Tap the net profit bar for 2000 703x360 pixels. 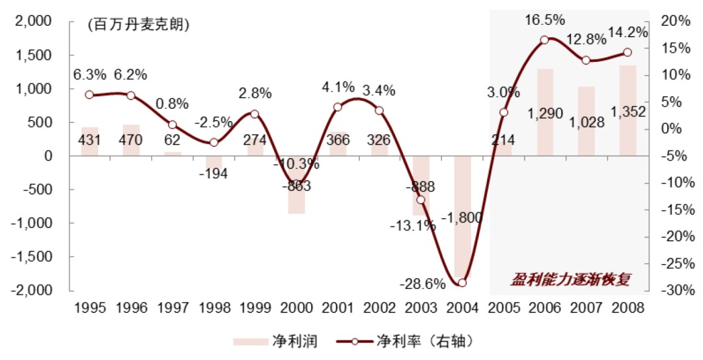click(297, 185)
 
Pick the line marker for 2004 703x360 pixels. click(462, 283)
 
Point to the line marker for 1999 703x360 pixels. click(255, 114)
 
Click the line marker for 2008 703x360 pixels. click(627, 53)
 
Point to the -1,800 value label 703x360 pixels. click(463, 219)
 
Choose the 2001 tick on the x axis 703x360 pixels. click(338, 307)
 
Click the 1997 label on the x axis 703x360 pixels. click(172, 307)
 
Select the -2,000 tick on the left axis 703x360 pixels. click(32, 290)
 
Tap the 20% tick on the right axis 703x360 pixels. click(677, 21)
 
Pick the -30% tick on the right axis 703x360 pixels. click(675, 290)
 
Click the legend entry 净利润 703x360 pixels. click(275, 341)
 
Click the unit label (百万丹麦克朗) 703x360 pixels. click(137, 25)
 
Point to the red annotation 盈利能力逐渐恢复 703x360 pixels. click(570, 278)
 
